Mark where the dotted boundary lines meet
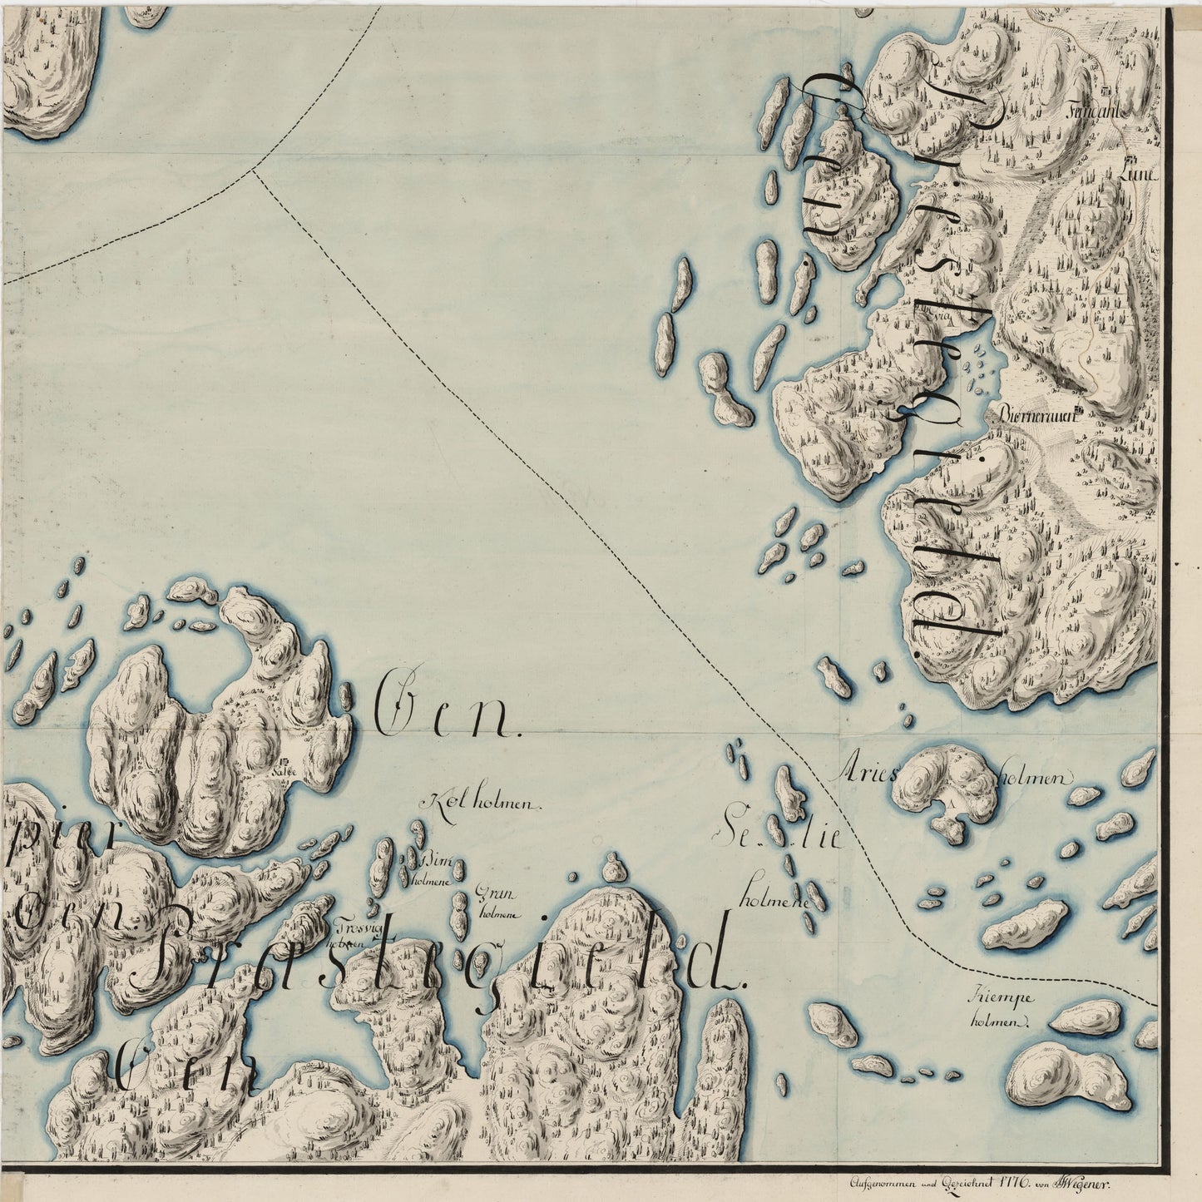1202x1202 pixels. click(253, 170)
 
